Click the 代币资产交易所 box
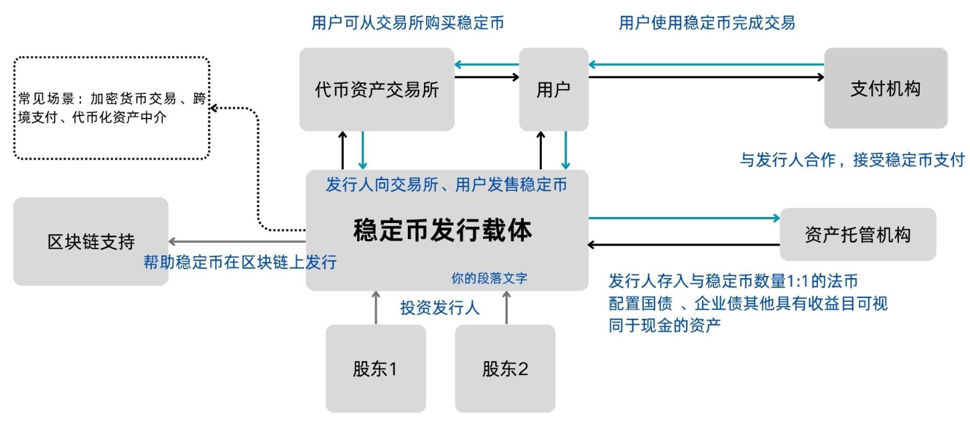point(376,89)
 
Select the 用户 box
point(553,89)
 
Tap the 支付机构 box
point(885,88)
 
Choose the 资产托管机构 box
point(857,234)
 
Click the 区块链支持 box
point(90,241)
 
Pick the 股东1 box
point(375,368)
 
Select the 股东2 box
point(505,368)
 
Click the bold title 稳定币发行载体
point(443,230)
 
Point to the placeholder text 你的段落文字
point(489,277)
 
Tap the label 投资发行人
point(440,308)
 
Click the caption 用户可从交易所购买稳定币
point(407,23)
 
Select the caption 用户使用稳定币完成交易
point(707,23)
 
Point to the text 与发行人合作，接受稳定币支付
point(851,160)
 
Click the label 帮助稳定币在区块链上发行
point(240,262)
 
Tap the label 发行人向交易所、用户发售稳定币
point(446,184)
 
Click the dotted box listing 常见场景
point(112,108)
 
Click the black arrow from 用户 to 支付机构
point(706,77)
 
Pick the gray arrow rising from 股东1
point(376,307)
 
